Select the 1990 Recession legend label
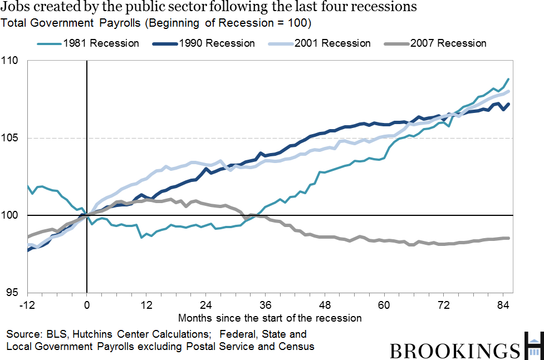[219, 43]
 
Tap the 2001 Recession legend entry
[334, 43]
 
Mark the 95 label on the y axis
[13, 293]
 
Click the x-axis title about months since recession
[270, 318]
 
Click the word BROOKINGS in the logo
[453, 351]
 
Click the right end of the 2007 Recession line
[508, 238]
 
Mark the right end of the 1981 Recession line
[508, 79]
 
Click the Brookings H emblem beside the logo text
[533, 346]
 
